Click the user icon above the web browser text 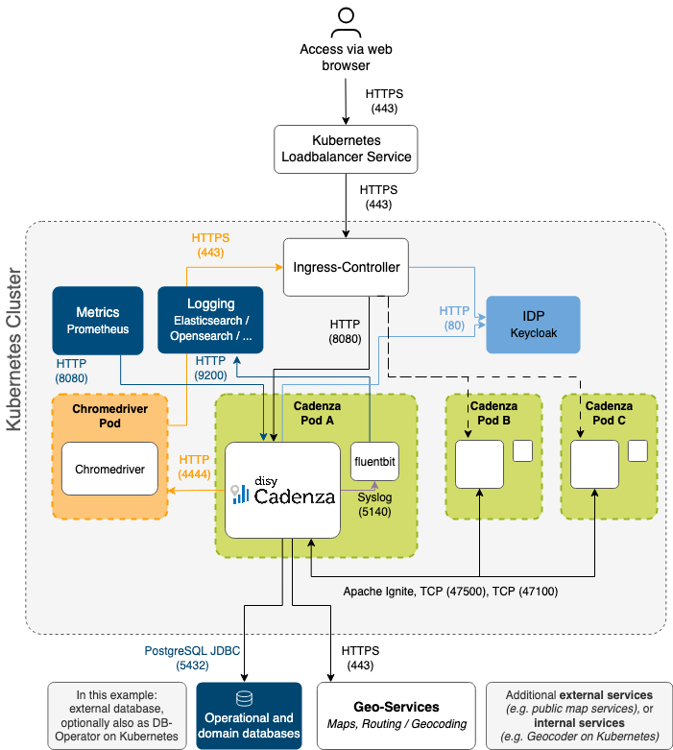[346, 21]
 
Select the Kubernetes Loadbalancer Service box [346, 149]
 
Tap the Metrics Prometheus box [97, 321]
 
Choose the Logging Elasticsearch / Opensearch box [209, 321]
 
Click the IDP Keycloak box [533, 326]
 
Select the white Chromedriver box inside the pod [108, 469]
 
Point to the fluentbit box [374, 465]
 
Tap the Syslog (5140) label [374, 506]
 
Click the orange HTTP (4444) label [194, 466]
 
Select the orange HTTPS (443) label [210, 244]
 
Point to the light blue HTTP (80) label [454, 318]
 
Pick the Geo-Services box [396, 714]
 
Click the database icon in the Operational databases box [249, 697]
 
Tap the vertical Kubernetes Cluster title [15, 351]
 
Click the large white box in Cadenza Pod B [478, 465]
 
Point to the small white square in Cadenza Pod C [637, 450]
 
